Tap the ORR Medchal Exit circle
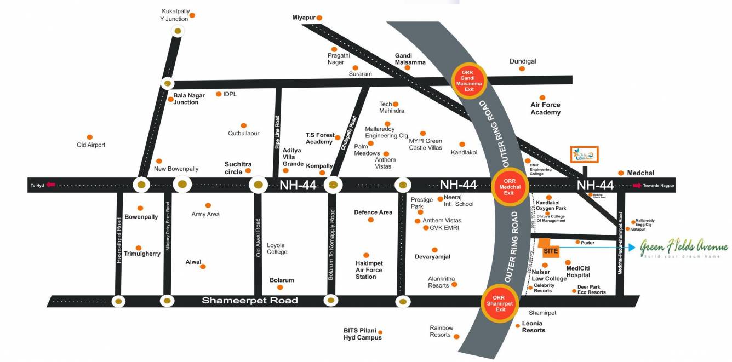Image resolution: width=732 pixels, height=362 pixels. [509, 187]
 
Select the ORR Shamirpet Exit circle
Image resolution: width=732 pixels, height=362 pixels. [500, 303]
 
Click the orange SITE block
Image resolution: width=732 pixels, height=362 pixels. [550, 249]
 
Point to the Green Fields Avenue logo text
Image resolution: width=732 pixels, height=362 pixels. [684, 248]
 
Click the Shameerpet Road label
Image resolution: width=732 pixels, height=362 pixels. [250, 301]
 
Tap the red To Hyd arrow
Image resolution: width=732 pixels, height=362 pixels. [51, 185]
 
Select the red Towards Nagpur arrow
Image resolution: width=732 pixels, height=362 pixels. [637, 186]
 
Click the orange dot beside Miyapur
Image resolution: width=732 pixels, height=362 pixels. [319, 18]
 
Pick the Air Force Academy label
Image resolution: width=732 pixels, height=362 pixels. [545, 108]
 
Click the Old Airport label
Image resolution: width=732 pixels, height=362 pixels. [91, 145]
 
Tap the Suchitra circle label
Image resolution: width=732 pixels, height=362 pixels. [238, 168]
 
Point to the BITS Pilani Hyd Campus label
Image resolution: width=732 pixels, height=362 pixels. [363, 334]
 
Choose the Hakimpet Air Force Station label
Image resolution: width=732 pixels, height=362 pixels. [369, 270]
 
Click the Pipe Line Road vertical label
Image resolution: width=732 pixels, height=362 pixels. [277, 133]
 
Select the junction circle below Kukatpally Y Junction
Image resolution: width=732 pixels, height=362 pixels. [178, 32]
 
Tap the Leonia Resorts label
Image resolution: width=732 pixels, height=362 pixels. [533, 327]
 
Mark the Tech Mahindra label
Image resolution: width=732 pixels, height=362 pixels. [392, 107]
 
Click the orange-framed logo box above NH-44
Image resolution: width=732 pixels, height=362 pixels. [584, 154]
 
